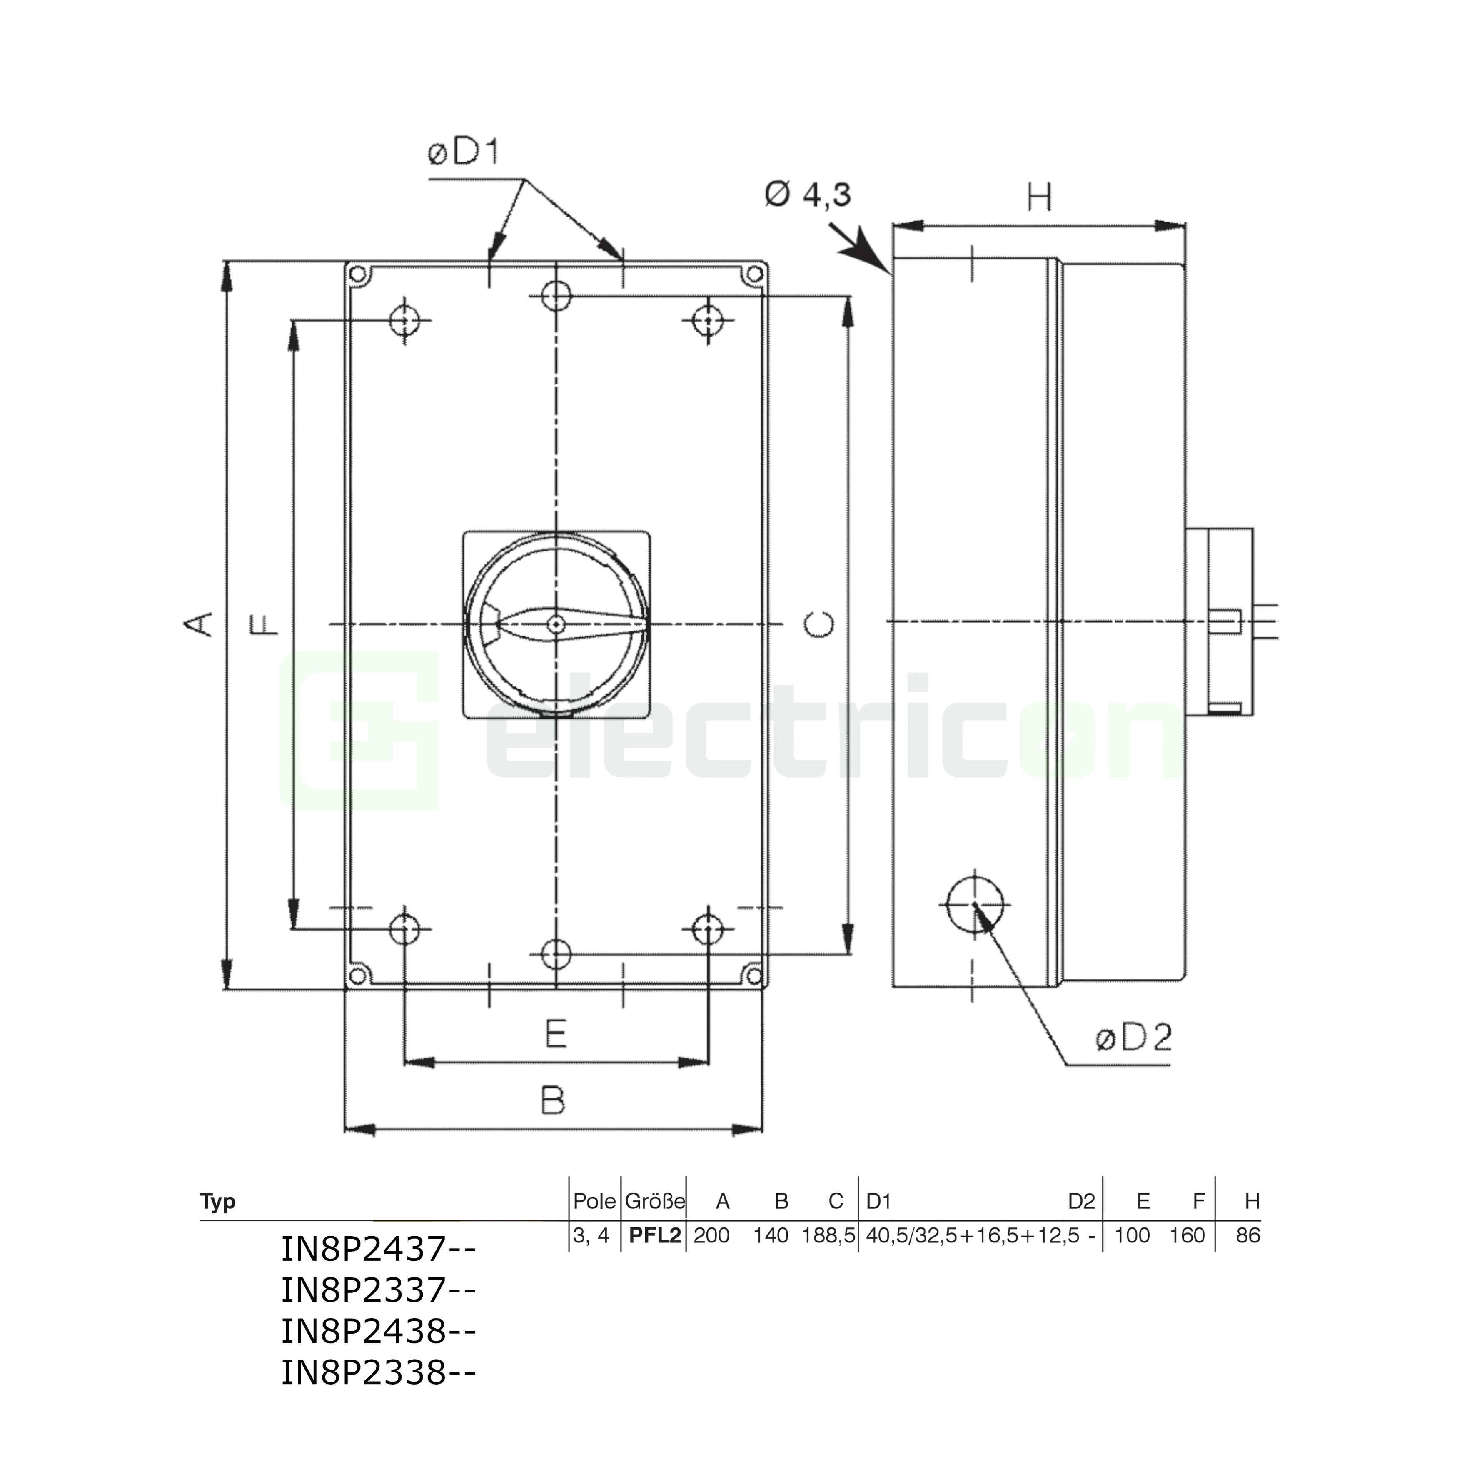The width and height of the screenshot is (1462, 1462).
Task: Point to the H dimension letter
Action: click(1040, 198)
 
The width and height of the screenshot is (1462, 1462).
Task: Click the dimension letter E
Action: click(556, 1034)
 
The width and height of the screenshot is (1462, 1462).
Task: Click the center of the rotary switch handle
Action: click(556, 624)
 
